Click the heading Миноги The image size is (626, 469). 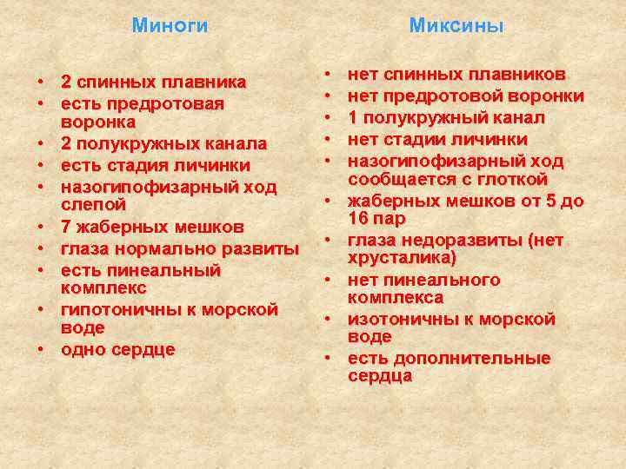tap(170, 26)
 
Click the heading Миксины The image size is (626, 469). tap(456, 26)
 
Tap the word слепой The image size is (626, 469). tap(94, 205)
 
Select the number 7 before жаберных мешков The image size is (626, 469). tap(66, 228)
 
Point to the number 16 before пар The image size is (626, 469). tap(358, 218)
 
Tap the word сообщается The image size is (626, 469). tap(394, 180)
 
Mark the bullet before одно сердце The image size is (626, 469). tap(40, 350)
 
